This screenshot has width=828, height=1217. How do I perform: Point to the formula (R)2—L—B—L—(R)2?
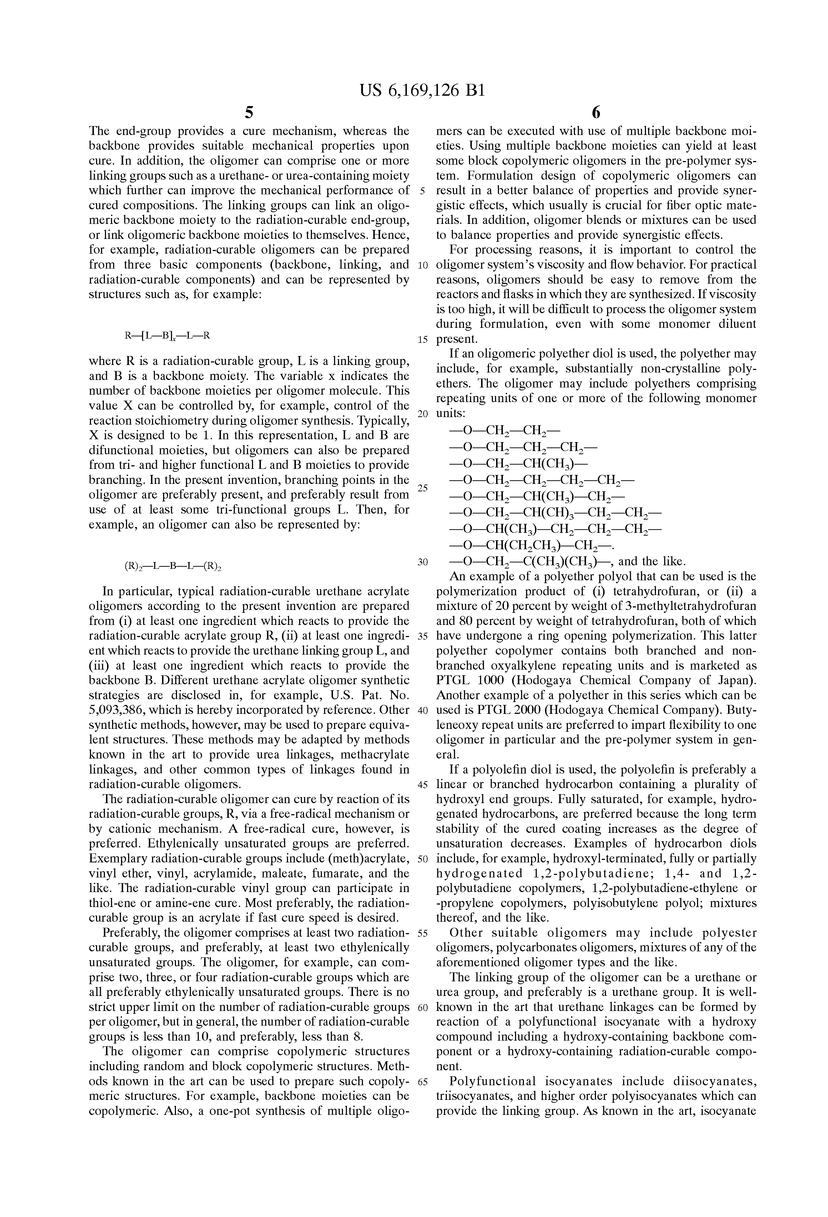pos(172,566)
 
